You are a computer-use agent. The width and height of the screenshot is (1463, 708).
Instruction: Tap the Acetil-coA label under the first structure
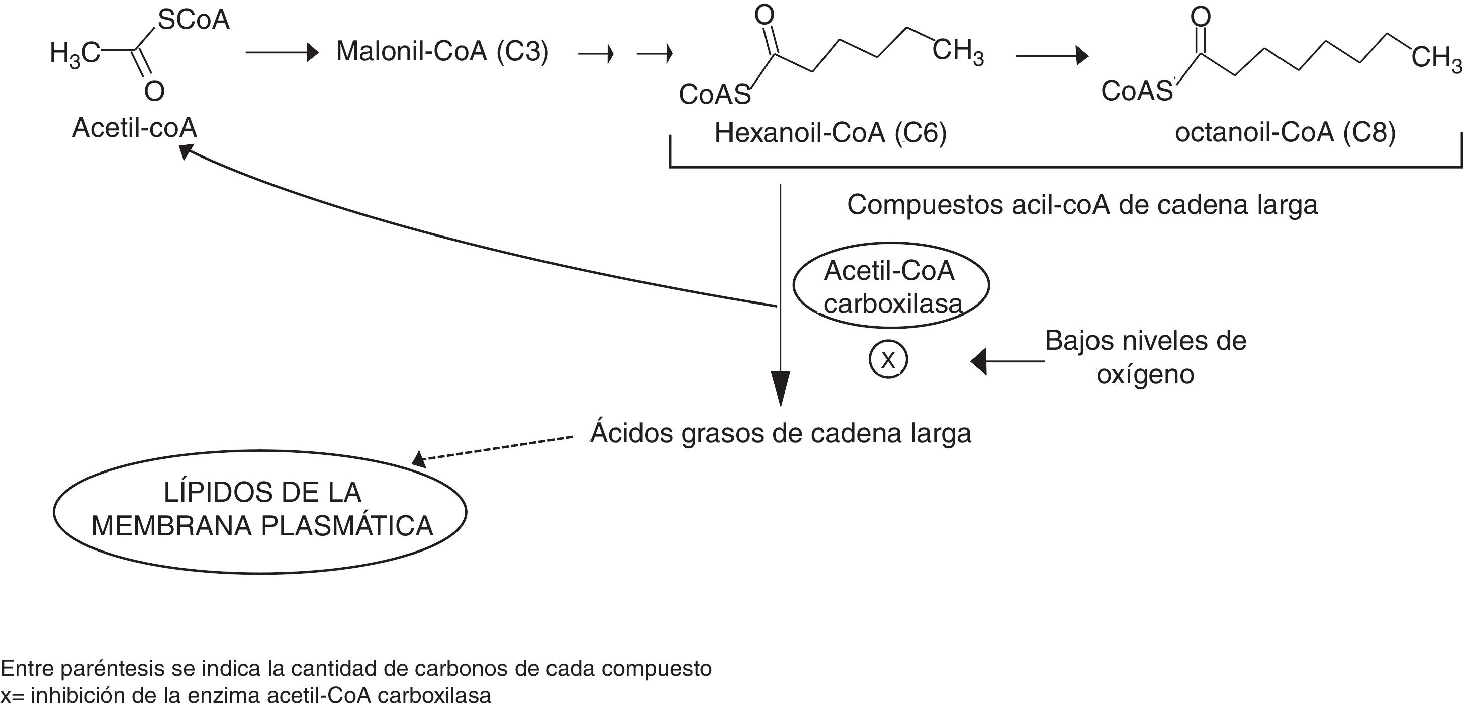[135, 128]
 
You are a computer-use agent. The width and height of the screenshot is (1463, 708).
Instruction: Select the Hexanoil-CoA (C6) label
[831, 133]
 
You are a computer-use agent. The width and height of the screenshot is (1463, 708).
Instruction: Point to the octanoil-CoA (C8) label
[1285, 133]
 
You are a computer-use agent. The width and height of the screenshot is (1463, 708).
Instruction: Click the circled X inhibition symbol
[888, 360]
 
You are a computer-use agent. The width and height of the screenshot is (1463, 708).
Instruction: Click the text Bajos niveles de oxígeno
[1145, 357]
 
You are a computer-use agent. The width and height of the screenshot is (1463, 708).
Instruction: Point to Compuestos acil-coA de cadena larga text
[1082, 205]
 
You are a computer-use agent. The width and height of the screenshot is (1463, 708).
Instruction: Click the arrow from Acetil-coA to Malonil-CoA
[282, 53]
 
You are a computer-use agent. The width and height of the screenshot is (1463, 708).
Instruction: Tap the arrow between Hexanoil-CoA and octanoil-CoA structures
[1052, 56]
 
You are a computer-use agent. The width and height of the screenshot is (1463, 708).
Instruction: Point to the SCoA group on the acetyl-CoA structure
[193, 21]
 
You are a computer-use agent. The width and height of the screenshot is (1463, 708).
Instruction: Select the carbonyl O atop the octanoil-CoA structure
[1201, 17]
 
